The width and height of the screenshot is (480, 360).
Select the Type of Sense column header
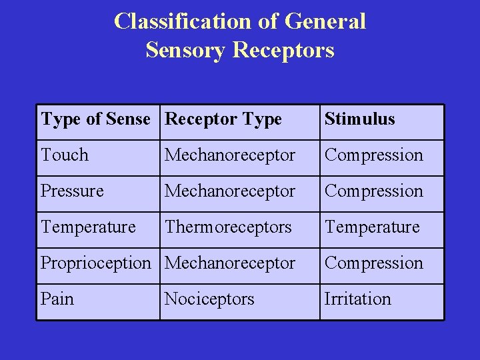[95, 119]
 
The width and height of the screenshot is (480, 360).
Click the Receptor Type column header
[223, 119]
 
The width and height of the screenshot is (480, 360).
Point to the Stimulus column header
[359, 119]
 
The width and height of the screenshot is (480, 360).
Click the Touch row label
[65, 155]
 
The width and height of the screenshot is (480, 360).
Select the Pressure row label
[72, 191]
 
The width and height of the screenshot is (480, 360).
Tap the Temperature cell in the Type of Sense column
[88, 227]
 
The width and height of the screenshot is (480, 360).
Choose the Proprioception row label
[95, 263]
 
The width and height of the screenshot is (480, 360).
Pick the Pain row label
[57, 299]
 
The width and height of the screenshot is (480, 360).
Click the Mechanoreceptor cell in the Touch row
[230, 155]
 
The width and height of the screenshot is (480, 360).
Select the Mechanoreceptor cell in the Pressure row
[230, 191]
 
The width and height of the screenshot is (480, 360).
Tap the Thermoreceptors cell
[228, 227]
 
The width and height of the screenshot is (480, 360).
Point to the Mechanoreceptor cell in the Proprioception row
[230, 263]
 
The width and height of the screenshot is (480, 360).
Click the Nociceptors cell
[209, 299]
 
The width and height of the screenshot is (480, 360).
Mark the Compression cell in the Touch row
[373, 155]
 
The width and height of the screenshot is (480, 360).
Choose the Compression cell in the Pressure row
[373, 191]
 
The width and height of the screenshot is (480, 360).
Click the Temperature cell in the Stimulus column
[372, 227]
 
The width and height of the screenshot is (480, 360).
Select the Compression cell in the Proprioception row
[373, 263]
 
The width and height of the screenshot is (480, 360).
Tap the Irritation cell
[357, 299]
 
